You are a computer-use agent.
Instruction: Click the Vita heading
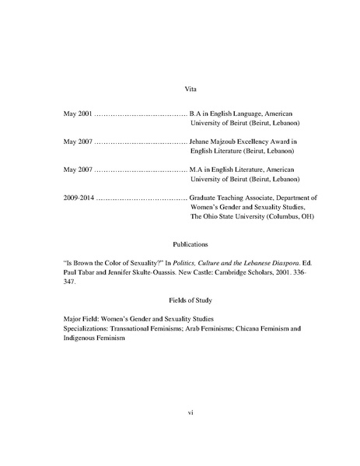point(180,90)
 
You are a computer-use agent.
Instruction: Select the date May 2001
point(78,114)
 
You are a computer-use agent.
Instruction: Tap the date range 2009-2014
point(79,198)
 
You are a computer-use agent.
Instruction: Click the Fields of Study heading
point(180,300)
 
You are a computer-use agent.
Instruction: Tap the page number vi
point(180,412)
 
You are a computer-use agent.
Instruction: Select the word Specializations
point(88,330)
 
